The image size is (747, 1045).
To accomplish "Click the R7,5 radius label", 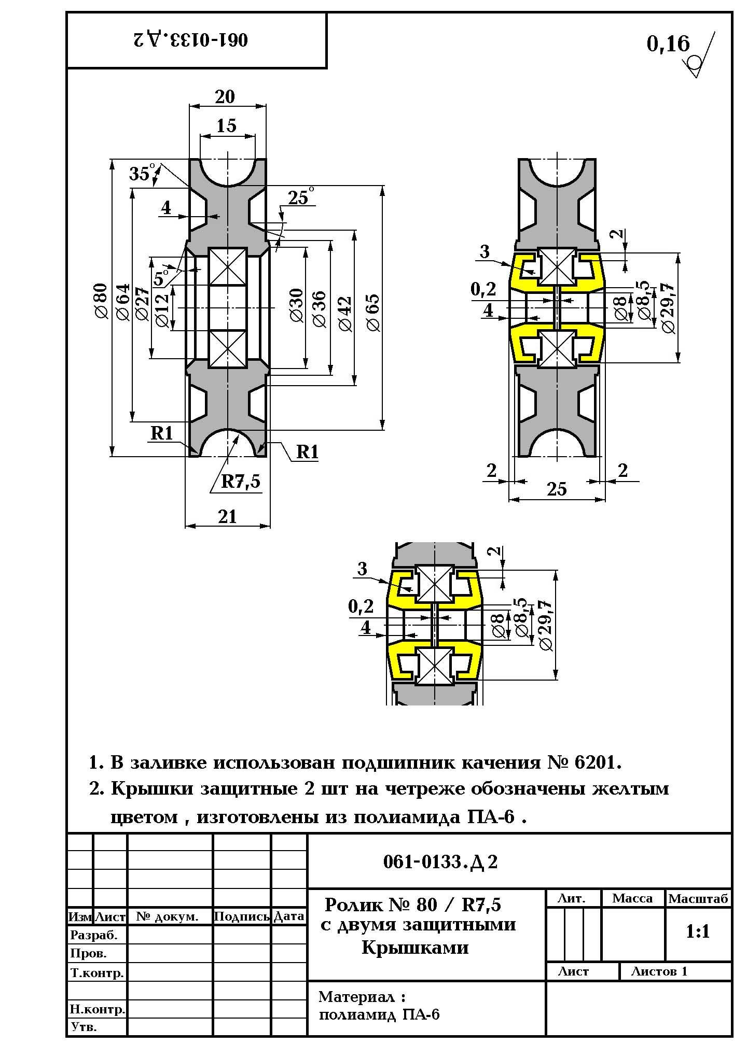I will pyautogui.click(x=241, y=482).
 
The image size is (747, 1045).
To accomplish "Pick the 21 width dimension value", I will pyautogui.click(x=228, y=517).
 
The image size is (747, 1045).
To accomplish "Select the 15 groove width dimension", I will pyautogui.click(x=226, y=126).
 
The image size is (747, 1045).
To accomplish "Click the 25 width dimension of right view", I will pyautogui.click(x=557, y=489).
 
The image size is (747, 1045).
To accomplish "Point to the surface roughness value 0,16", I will pyautogui.click(x=668, y=44).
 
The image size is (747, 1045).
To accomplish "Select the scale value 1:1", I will pyautogui.click(x=698, y=931).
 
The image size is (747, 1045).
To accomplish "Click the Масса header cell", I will pyautogui.click(x=632, y=898).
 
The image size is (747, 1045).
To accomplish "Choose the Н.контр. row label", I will pyautogui.click(x=97, y=1009).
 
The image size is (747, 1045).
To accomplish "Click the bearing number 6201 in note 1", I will pyautogui.click(x=597, y=763).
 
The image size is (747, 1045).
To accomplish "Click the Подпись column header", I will pyautogui.click(x=242, y=916).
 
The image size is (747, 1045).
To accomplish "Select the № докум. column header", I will pyautogui.click(x=168, y=916).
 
